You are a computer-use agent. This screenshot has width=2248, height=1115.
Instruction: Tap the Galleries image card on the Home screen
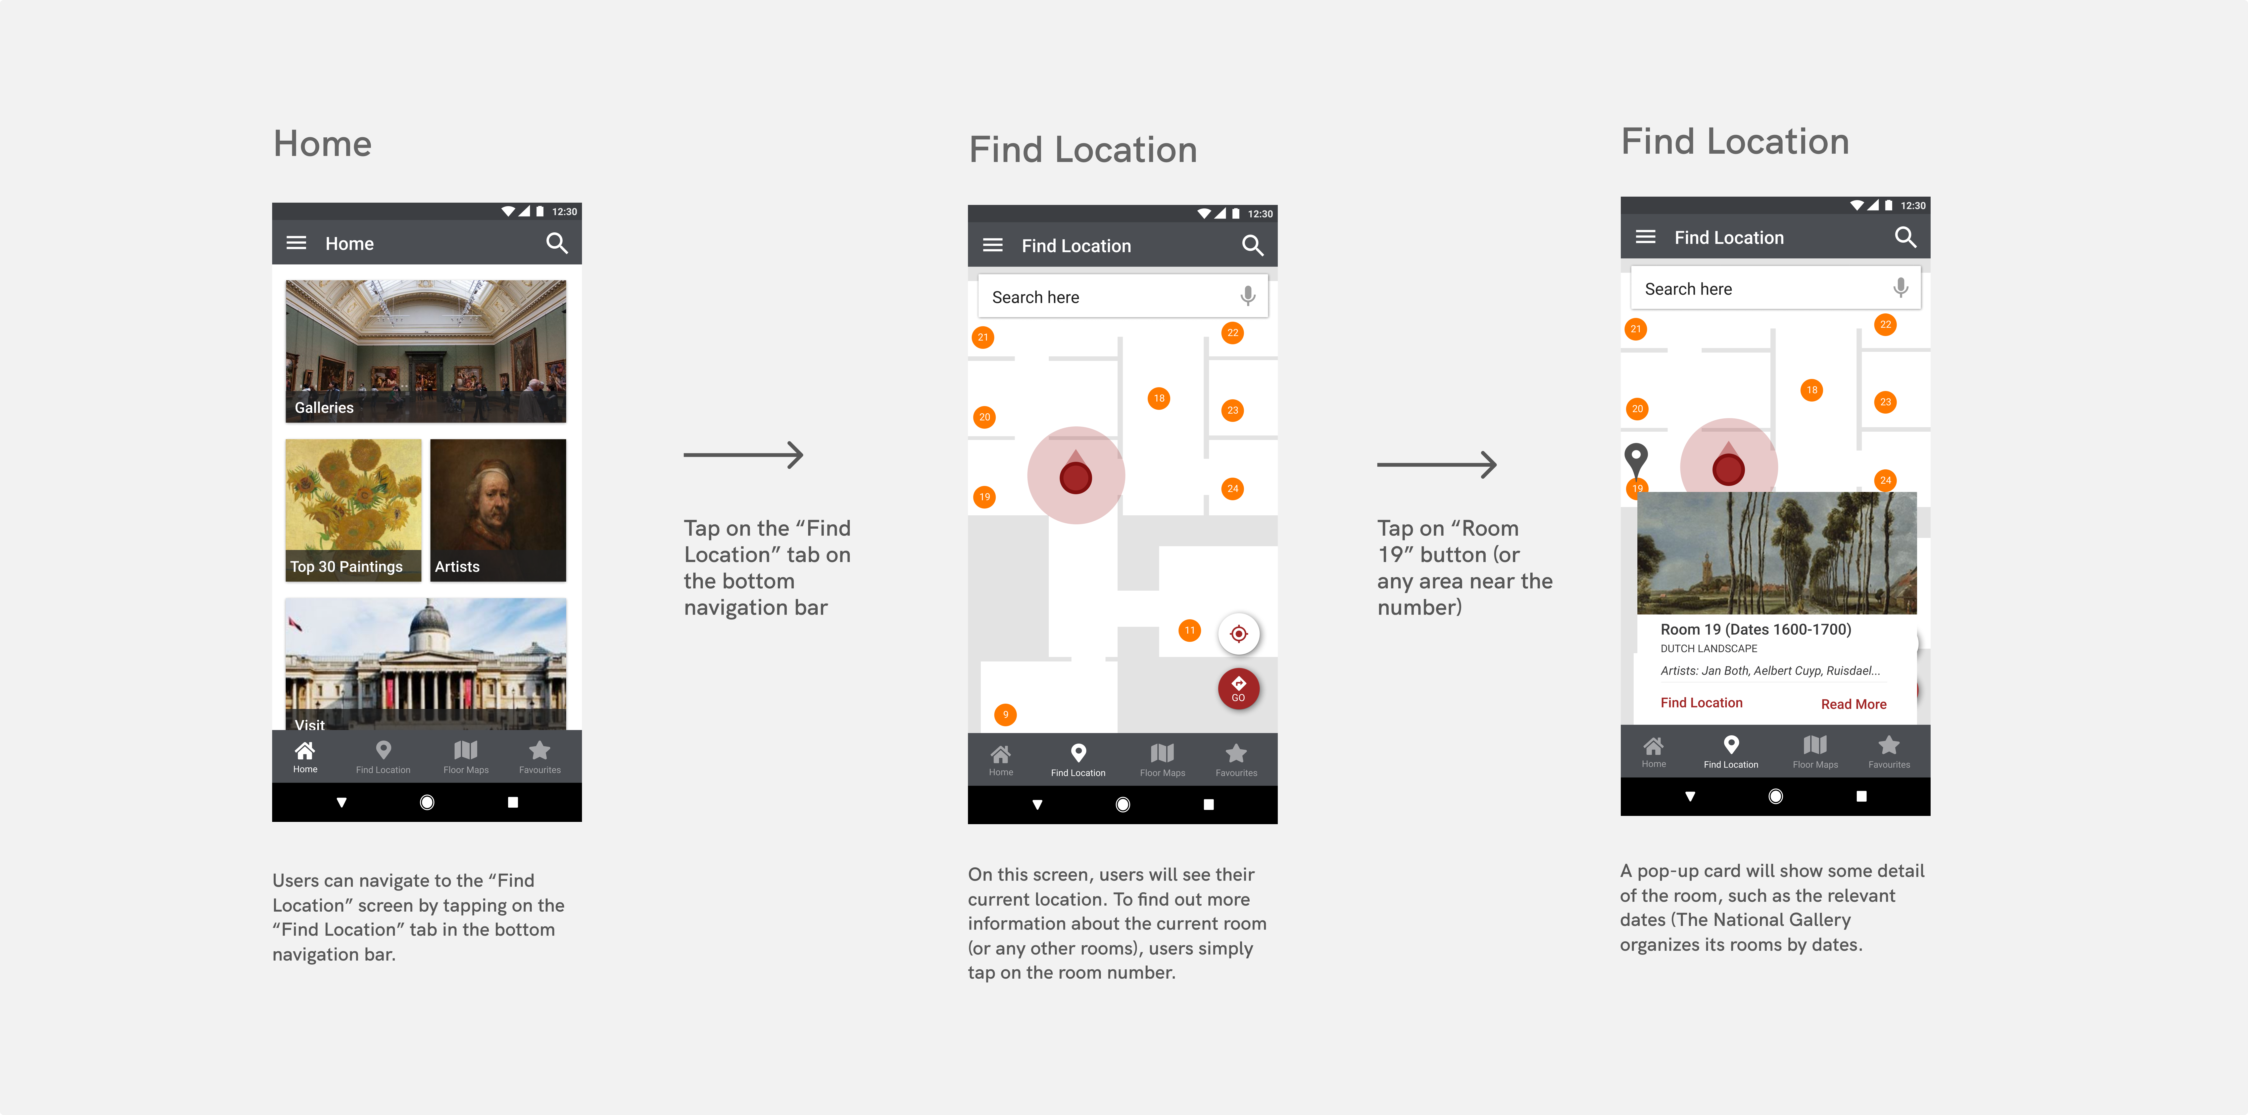(x=426, y=351)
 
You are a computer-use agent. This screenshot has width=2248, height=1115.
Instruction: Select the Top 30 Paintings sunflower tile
(x=353, y=510)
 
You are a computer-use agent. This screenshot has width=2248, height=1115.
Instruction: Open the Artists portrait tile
(x=498, y=510)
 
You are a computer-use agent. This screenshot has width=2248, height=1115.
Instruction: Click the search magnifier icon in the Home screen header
(x=557, y=243)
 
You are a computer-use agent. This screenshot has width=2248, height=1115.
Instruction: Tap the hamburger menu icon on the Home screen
(x=297, y=243)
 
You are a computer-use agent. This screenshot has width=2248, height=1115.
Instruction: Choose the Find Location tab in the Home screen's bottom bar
(x=383, y=756)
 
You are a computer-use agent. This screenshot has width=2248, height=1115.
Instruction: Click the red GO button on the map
(x=1238, y=688)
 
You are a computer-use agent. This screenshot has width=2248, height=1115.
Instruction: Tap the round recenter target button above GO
(x=1238, y=633)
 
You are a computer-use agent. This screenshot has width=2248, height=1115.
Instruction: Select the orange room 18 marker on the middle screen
(x=1159, y=399)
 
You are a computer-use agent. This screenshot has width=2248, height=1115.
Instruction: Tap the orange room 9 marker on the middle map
(x=1005, y=714)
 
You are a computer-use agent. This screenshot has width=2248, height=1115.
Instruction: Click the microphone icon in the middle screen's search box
(x=1248, y=297)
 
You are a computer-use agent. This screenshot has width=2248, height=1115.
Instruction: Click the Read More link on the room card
(x=1853, y=704)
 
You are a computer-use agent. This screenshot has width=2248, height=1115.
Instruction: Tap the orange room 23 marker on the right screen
(x=1886, y=402)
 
